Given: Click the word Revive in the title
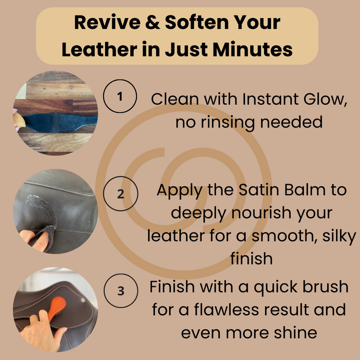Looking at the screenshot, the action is [107, 22].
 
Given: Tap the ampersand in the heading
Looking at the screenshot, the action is [153, 22].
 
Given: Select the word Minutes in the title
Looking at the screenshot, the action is [252, 49].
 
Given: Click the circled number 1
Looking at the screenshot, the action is [120, 96].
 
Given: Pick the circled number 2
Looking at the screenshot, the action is [121, 194].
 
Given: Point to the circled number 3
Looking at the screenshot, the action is [121, 291].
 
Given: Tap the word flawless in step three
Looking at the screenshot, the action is [226, 309].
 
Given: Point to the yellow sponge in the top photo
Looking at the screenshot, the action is [19, 120].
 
